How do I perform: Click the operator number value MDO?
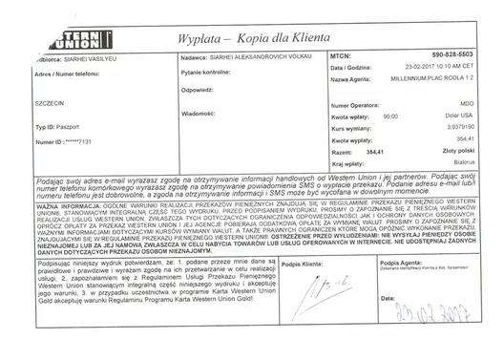coord(467,103)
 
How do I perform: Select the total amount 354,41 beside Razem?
coord(381,151)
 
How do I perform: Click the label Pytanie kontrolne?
coord(205,73)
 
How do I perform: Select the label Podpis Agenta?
coord(400,261)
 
